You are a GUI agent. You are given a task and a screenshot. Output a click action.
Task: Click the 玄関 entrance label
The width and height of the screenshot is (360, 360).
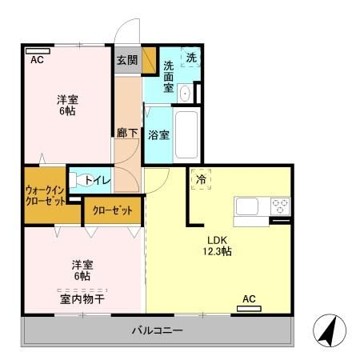tap(127, 60)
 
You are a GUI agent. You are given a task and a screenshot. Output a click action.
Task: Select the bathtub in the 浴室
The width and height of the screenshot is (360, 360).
tap(186, 134)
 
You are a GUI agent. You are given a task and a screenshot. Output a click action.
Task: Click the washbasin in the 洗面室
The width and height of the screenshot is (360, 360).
tap(185, 94)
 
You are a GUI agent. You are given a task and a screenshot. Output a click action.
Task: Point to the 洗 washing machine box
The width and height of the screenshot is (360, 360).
tap(191, 57)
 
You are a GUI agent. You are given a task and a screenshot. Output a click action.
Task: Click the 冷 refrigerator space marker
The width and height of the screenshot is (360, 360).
tap(202, 179)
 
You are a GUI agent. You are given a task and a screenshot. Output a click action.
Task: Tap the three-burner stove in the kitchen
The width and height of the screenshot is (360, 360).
tap(280, 206)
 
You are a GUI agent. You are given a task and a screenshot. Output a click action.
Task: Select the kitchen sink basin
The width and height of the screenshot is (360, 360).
tap(247, 206)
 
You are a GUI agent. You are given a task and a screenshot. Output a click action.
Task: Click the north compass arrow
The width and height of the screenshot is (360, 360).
tap(328, 330)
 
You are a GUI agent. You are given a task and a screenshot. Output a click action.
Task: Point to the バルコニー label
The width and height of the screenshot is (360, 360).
tap(158, 330)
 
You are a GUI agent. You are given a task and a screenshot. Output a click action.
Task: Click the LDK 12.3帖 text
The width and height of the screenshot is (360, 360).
tap(218, 246)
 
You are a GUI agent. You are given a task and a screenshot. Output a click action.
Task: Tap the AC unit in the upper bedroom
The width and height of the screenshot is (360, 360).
tap(38, 51)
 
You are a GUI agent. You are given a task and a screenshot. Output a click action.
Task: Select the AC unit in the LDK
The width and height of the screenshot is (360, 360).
tap(249, 309)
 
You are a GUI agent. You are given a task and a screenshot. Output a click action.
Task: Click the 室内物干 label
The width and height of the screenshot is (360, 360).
tap(82, 299)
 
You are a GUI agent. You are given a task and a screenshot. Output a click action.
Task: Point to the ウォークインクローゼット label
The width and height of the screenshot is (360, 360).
tap(46, 196)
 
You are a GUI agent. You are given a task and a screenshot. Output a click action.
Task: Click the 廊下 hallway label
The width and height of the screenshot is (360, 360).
tap(127, 133)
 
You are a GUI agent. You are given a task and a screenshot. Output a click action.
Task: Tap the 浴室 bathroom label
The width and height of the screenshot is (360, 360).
tap(159, 135)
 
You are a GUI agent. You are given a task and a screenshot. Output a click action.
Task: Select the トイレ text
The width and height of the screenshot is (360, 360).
tap(98, 181)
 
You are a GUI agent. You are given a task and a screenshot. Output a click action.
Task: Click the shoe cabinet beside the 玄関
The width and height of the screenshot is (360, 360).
tap(149, 60)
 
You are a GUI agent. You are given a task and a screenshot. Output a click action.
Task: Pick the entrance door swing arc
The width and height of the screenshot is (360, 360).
tap(122, 26)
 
